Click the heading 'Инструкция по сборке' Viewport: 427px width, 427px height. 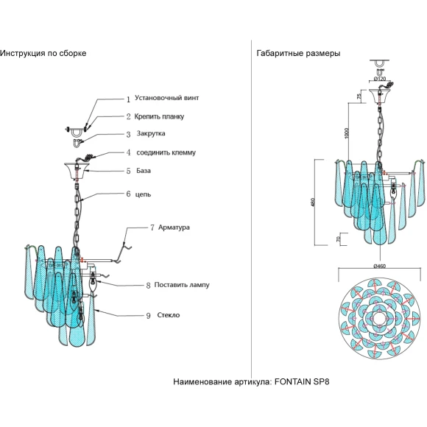(x=43, y=53)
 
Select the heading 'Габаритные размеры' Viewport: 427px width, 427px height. (x=298, y=53)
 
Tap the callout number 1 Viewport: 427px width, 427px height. (x=128, y=99)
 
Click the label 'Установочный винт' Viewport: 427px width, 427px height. (x=166, y=98)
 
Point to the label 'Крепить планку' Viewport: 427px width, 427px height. (x=159, y=116)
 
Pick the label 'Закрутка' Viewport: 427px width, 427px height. (x=151, y=133)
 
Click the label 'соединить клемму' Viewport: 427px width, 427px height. (x=166, y=152)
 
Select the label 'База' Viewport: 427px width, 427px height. (x=144, y=171)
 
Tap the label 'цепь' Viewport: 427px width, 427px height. (x=143, y=194)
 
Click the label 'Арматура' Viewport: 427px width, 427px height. (x=174, y=227)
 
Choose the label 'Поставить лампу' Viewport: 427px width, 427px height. (x=182, y=285)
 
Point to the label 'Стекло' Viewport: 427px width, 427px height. (x=169, y=315)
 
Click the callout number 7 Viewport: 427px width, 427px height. (x=152, y=227)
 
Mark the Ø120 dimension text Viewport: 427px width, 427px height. (x=380, y=79)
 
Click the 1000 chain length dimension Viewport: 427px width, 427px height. (x=347, y=133)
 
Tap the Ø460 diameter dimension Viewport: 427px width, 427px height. (x=379, y=266)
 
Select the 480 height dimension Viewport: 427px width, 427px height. (x=313, y=202)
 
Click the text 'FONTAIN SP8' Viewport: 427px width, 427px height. (x=302, y=382)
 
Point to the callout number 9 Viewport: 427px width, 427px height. (x=148, y=316)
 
